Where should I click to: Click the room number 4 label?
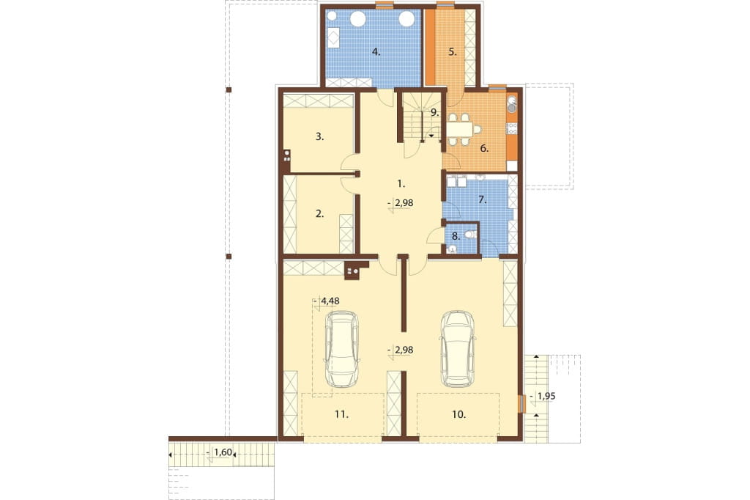point(376,52)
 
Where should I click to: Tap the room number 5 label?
point(453,52)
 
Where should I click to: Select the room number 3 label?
point(319,136)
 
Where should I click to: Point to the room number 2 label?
point(319,214)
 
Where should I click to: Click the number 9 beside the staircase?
point(434,113)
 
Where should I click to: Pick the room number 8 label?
point(456,235)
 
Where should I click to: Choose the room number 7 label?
point(482,199)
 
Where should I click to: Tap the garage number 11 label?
point(341,414)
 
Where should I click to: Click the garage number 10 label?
point(458,414)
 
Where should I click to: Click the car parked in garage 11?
point(341,349)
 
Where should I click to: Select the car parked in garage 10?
point(458,349)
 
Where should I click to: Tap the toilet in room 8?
point(469,235)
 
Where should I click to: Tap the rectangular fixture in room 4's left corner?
point(333,37)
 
